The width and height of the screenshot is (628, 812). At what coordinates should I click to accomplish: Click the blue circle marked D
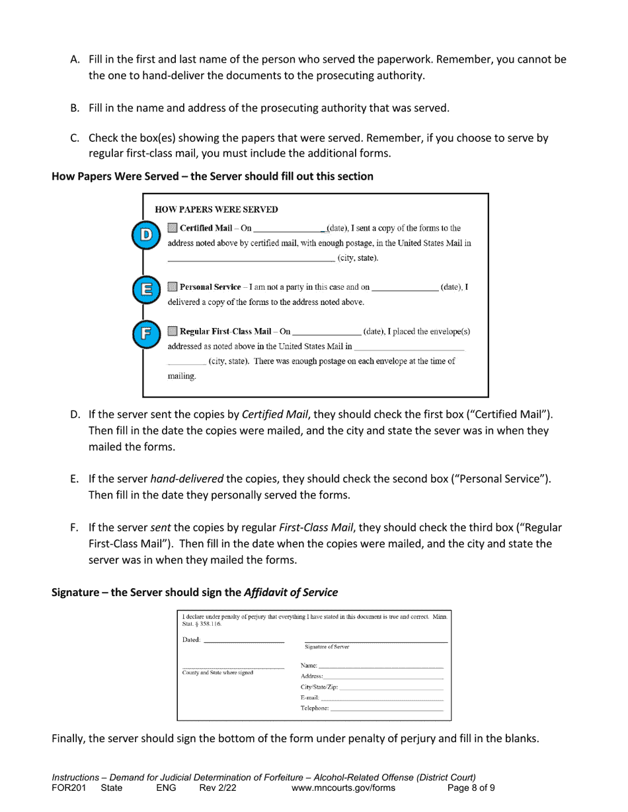coord(146,235)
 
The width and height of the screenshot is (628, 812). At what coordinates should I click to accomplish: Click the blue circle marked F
coord(146,333)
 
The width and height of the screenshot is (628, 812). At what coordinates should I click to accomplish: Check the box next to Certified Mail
coord(173,228)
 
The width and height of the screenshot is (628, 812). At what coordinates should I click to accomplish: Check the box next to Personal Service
coord(173,287)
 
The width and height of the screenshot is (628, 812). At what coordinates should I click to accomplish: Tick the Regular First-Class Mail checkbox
coord(173,331)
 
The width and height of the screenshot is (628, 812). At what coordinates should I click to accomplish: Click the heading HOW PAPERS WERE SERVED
coord(216,210)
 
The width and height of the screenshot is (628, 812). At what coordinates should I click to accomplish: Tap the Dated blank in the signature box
coord(244,640)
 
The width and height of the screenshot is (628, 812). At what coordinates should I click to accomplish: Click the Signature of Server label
coord(327,647)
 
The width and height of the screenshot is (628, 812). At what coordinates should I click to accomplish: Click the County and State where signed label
coord(217,673)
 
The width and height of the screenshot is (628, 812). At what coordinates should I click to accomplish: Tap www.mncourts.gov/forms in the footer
coord(343,788)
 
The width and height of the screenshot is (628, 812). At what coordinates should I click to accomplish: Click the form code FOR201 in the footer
coord(69,788)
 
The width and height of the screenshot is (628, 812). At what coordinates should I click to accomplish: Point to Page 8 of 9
coord(471,788)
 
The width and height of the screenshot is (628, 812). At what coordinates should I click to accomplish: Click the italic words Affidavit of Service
coord(290,592)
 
